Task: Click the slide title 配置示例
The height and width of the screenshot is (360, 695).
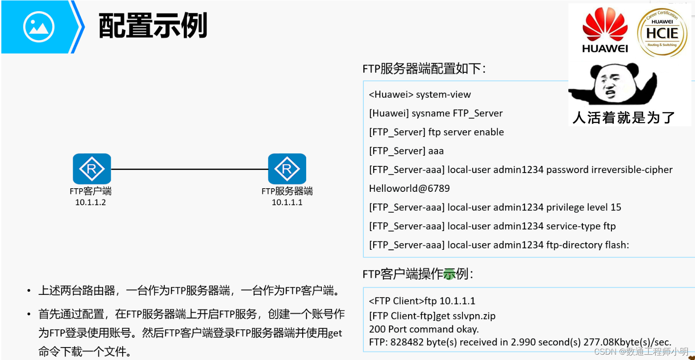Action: (153, 26)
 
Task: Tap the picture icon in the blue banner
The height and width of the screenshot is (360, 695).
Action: (39, 27)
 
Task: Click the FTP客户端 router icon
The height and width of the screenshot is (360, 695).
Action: (92, 169)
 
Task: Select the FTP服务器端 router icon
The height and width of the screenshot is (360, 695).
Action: (287, 169)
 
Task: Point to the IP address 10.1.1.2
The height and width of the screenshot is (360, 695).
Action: (91, 202)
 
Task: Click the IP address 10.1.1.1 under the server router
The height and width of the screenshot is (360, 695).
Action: (287, 202)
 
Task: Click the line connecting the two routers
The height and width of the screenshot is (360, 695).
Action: (189, 170)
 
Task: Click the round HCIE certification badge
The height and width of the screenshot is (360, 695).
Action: (662, 31)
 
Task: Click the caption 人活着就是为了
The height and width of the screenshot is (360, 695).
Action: (624, 117)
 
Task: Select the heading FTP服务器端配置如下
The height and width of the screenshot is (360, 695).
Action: (424, 69)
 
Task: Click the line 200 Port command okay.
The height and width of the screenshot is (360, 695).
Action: (424, 329)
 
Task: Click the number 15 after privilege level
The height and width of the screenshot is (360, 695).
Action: (616, 207)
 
